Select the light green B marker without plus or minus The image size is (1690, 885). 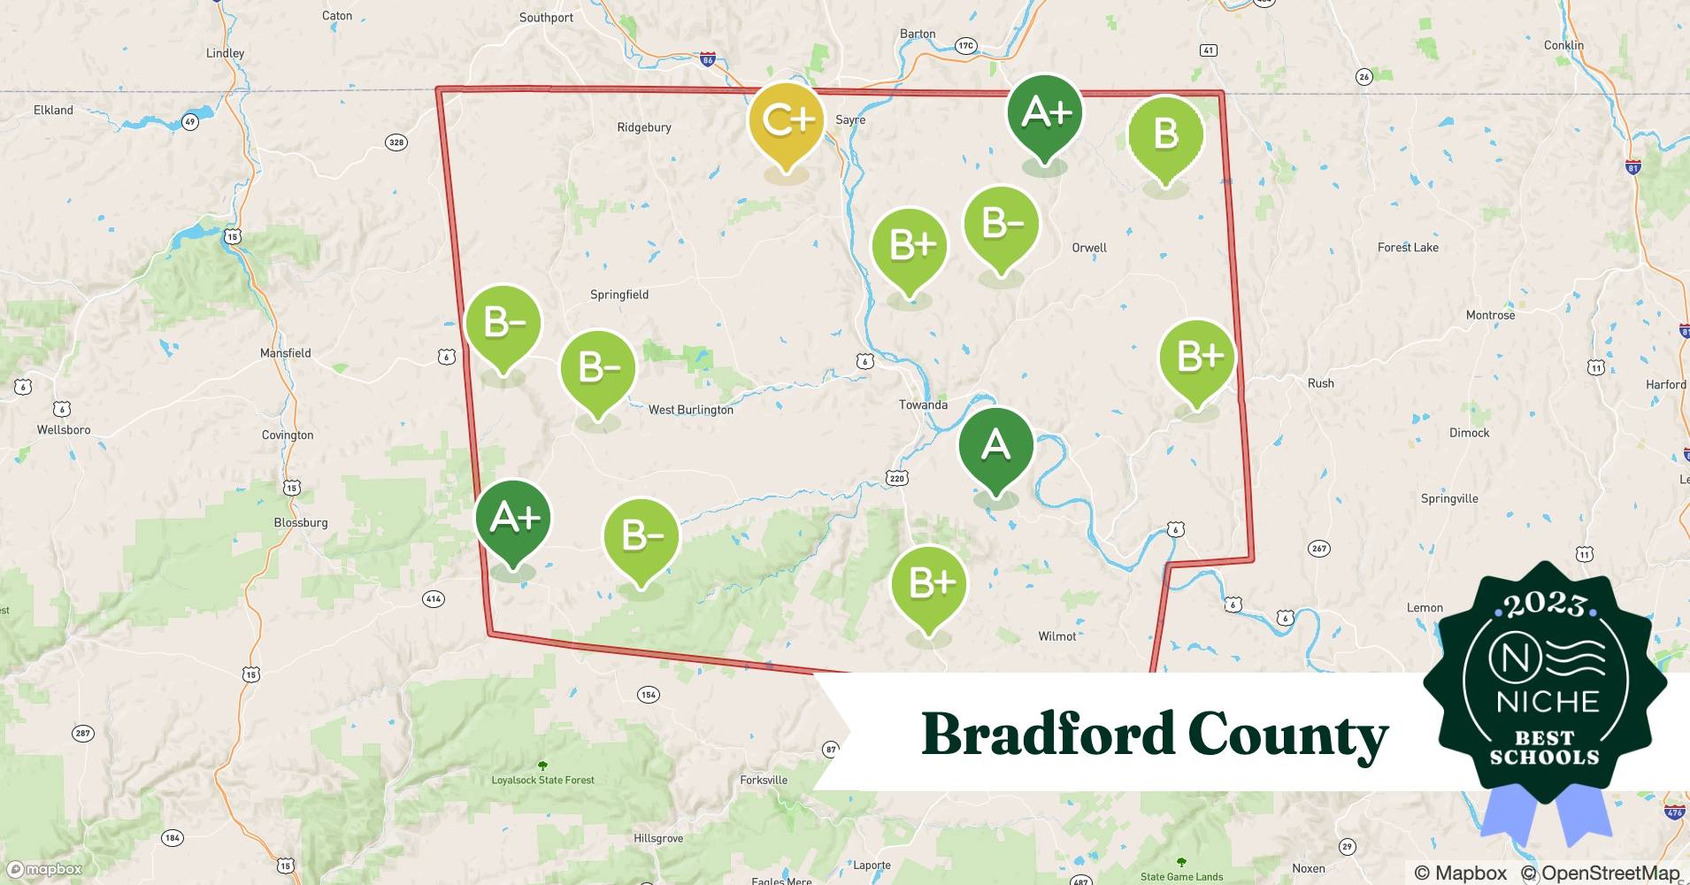[x=1165, y=135]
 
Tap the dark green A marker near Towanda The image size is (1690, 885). [x=995, y=445]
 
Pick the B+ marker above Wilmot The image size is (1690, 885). [x=928, y=583]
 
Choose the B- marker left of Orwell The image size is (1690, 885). [x=1001, y=225]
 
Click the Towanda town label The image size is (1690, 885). [x=923, y=404]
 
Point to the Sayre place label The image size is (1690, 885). [x=850, y=119]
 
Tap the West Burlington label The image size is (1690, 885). [x=690, y=410]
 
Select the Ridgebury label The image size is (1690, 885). [x=643, y=127]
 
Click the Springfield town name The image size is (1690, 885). [x=619, y=295]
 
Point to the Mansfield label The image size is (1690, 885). [x=285, y=353]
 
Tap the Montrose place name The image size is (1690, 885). [x=1490, y=315]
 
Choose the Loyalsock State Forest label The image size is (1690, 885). [x=542, y=780]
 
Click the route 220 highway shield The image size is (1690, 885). [x=897, y=478]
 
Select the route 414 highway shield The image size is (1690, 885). [x=433, y=599]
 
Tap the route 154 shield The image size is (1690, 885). [x=649, y=695]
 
